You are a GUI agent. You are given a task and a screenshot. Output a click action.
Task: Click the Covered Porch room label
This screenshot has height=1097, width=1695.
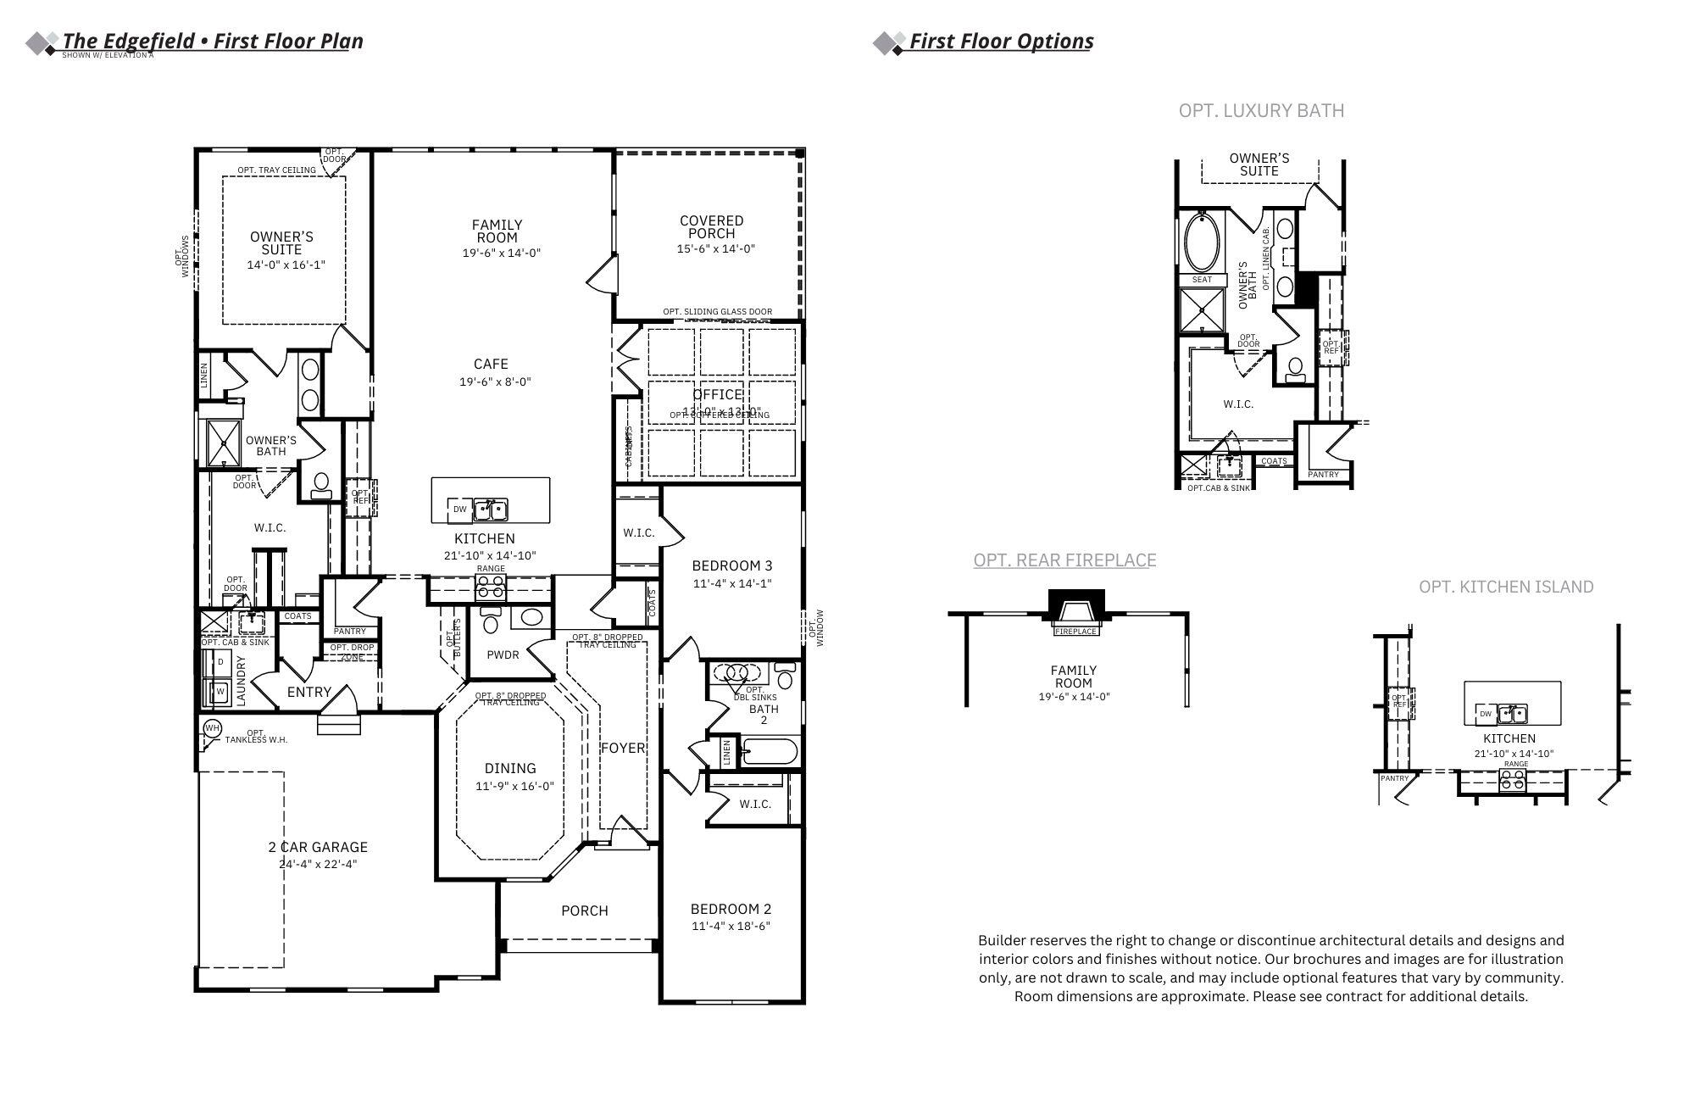tap(711, 227)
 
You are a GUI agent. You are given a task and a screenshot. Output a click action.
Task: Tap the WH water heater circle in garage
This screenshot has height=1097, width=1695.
tap(212, 728)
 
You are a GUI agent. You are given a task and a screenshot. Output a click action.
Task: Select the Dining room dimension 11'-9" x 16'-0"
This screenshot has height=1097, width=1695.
tap(514, 787)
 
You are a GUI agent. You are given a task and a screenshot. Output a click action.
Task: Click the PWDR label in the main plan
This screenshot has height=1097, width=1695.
tap(503, 655)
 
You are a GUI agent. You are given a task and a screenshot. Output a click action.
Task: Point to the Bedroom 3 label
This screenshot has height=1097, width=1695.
tap(731, 566)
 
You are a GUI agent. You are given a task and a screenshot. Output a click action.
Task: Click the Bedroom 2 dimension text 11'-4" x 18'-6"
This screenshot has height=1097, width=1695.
tap(731, 927)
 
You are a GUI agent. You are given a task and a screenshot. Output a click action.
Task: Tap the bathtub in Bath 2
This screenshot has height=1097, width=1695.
tap(770, 752)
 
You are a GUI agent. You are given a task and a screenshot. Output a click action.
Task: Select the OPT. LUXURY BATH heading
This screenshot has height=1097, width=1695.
tap(1260, 111)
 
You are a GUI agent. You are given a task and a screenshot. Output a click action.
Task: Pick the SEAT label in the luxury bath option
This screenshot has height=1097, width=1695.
tap(1202, 280)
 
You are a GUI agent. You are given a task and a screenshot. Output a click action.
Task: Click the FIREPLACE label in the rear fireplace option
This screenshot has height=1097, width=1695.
tap(1075, 632)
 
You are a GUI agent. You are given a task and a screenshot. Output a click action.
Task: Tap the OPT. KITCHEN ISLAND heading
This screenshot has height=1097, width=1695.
tap(1506, 587)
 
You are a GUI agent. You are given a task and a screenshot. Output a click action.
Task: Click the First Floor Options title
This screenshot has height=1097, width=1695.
tap(1001, 42)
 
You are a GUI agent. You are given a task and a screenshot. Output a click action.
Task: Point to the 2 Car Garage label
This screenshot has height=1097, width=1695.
tap(318, 847)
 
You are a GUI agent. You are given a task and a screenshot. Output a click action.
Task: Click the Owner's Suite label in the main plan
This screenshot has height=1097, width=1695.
tap(281, 243)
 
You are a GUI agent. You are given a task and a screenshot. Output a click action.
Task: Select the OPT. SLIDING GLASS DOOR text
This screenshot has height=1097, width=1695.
tap(717, 312)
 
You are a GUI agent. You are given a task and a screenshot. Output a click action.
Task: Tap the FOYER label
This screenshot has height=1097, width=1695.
tap(623, 748)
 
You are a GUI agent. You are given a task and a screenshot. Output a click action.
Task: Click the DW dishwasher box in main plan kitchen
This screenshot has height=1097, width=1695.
tap(459, 510)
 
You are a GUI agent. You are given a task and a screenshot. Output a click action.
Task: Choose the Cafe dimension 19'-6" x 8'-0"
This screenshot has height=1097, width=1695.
tap(495, 382)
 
